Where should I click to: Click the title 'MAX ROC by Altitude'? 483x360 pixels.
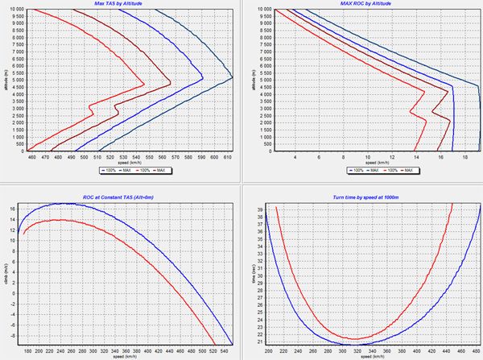click(x=368, y=4)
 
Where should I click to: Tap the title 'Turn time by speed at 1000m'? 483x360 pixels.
click(x=368, y=198)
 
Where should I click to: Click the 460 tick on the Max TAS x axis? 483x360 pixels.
click(x=32, y=157)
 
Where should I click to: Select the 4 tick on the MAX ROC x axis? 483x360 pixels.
click(x=295, y=157)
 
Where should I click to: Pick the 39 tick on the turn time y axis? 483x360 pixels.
click(x=263, y=208)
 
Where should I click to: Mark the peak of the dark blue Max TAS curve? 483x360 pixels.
click(x=232, y=77)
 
